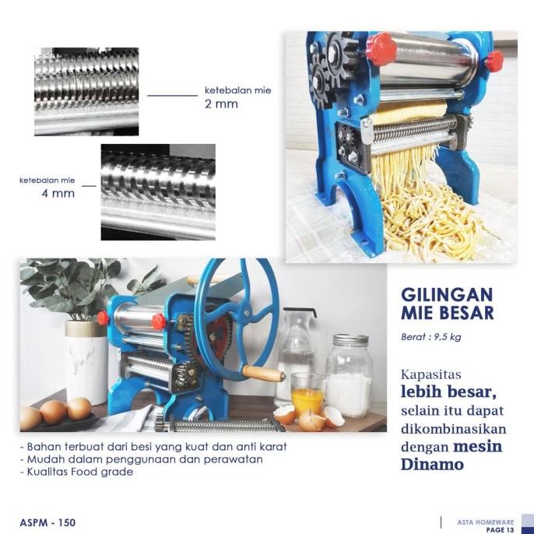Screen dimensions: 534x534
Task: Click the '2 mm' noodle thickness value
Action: [x=221, y=104]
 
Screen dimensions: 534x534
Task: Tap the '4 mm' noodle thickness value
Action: [x=58, y=193]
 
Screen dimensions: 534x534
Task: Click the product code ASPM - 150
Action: [x=47, y=522]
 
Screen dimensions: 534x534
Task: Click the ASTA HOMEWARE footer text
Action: [x=486, y=522]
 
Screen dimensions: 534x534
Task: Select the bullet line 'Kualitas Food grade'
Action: [x=76, y=472]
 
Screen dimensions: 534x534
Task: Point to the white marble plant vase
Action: [x=86, y=362]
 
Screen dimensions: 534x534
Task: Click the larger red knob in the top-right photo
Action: [x=381, y=49]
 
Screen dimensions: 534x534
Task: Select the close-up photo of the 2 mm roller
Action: [x=86, y=91]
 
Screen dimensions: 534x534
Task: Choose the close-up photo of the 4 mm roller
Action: [x=157, y=191]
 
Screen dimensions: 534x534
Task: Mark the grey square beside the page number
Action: [x=527, y=522]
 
